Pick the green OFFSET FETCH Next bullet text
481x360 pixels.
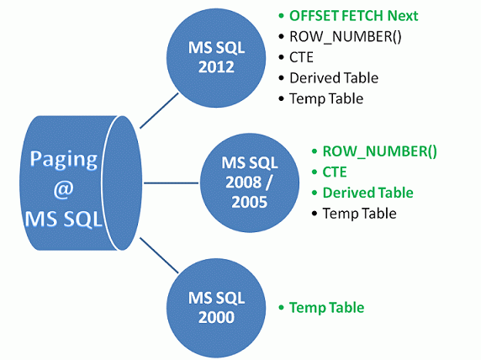(353, 16)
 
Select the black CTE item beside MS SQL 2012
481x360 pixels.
(300, 57)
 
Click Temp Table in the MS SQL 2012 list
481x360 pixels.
(326, 98)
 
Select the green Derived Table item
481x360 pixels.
(368, 193)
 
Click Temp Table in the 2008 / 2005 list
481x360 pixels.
(359, 214)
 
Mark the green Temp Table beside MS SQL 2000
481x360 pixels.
(326, 308)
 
